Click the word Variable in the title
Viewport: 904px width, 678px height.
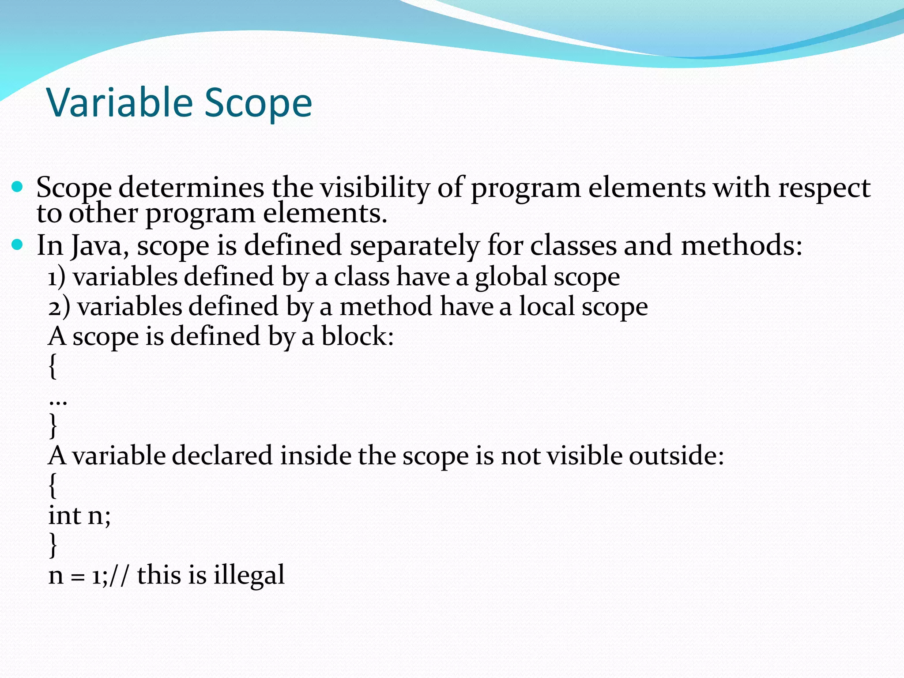120,102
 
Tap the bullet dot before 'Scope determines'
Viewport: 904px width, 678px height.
17,187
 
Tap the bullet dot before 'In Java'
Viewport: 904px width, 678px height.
17,245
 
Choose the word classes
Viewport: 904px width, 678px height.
573,245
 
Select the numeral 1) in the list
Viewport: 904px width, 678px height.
56,278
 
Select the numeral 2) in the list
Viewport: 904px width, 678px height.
59,307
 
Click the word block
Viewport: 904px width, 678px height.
357,336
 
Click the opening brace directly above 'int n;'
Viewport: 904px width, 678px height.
53,486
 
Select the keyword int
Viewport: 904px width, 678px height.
64,516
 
